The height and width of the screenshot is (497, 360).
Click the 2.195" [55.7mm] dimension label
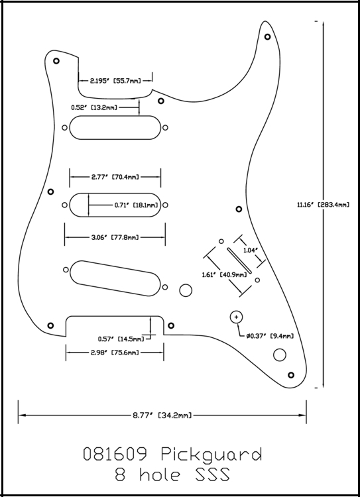pyautogui.click(x=115, y=81)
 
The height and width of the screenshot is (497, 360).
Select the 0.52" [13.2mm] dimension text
pyautogui.click(x=94, y=108)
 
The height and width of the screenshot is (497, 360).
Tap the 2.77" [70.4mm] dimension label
pyautogui.click(x=115, y=177)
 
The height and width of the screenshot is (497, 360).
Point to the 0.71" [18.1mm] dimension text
pyautogui.click(x=136, y=205)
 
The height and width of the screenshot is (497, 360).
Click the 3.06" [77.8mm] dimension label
pyautogui.click(x=115, y=237)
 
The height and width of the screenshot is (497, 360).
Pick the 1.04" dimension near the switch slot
pyautogui.click(x=250, y=250)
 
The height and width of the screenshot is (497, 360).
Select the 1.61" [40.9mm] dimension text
pyautogui.click(x=224, y=274)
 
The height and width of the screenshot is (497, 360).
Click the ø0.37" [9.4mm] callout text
pyautogui.click(x=270, y=336)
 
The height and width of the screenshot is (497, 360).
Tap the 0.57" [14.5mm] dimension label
pyautogui.click(x=121, y=339)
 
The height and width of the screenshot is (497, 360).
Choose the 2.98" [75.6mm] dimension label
pyautogui.click(x=115, y=353)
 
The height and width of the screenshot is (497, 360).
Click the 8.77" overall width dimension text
pyautogui.click(x=162, y=415)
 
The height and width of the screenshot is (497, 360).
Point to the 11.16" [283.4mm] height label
pyautogui.click(x=324, y=205)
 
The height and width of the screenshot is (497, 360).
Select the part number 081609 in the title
pyautogui.click(x=115, y=454)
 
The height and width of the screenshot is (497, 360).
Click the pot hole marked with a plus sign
pyautogui.click(x=236, y=316)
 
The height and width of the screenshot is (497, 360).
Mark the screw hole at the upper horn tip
pyautogui.click(x=267, y=36)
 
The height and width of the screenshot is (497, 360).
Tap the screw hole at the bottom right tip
pyautogui.click(x=291, y=375)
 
